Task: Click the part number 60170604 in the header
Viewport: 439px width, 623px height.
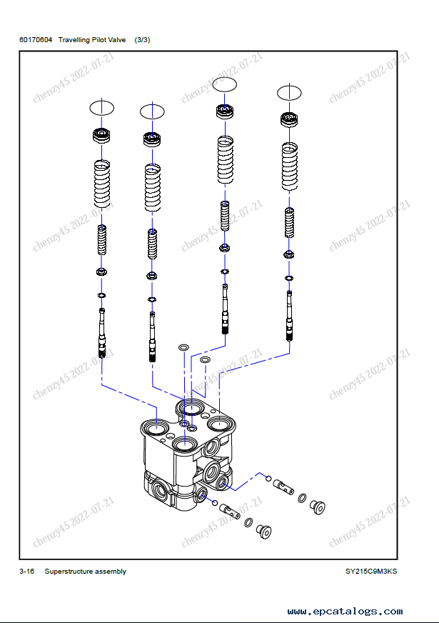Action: point(36,40)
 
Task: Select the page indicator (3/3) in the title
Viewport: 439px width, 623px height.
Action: point(142,40)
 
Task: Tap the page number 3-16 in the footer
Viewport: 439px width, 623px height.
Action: point(27,572)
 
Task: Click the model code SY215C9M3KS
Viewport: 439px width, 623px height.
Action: point(371,572)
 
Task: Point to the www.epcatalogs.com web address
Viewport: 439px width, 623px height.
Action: point(345,612)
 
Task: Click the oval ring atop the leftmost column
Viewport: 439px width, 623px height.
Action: point(102,108)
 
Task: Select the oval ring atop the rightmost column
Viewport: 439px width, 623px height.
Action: point(289,92)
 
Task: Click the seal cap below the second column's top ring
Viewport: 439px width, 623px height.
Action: point(153,139)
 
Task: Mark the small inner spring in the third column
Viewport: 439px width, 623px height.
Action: point(225,216)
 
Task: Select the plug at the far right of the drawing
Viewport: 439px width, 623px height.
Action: point(318,507)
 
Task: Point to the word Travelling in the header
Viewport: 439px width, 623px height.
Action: point(75,40)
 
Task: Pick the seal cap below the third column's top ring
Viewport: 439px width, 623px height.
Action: point(225,111)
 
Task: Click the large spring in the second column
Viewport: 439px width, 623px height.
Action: point(153,187)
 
